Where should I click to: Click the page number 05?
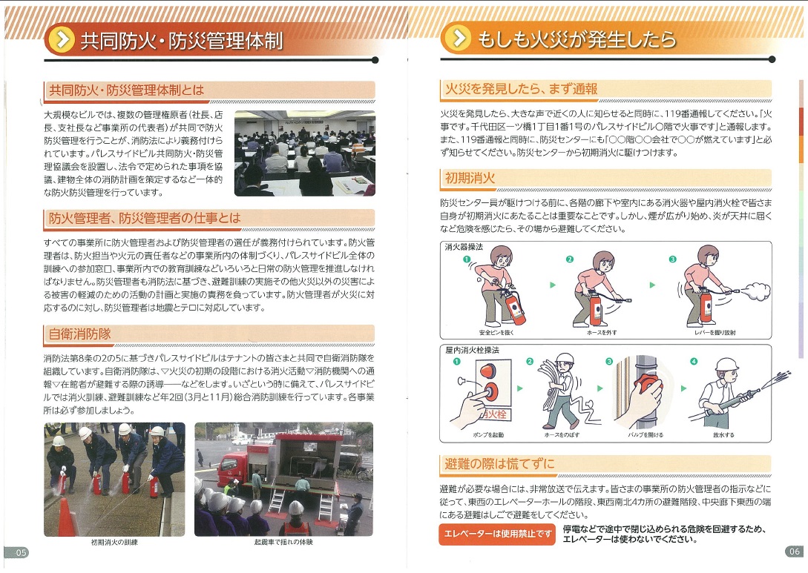[21, 553]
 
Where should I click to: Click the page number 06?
[794, 552]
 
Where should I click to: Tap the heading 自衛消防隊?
[80, 334]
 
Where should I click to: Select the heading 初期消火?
[470, 178]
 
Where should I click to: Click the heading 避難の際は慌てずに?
[499, 463]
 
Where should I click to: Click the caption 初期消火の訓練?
[114, 542]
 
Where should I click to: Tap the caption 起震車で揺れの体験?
[283, 542]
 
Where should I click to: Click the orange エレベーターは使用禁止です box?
[497, 534]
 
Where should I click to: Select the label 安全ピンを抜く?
[496, 333]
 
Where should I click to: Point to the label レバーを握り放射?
[715, 333]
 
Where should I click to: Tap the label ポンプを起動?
[488, 435]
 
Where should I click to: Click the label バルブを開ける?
[646, 435]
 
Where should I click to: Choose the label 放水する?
[723, 435]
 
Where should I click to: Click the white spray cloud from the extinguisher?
[755, 291]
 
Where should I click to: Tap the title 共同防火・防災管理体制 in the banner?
[181, 40]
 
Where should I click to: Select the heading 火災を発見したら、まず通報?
[521, 89]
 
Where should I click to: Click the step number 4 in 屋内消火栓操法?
[694, 362]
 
